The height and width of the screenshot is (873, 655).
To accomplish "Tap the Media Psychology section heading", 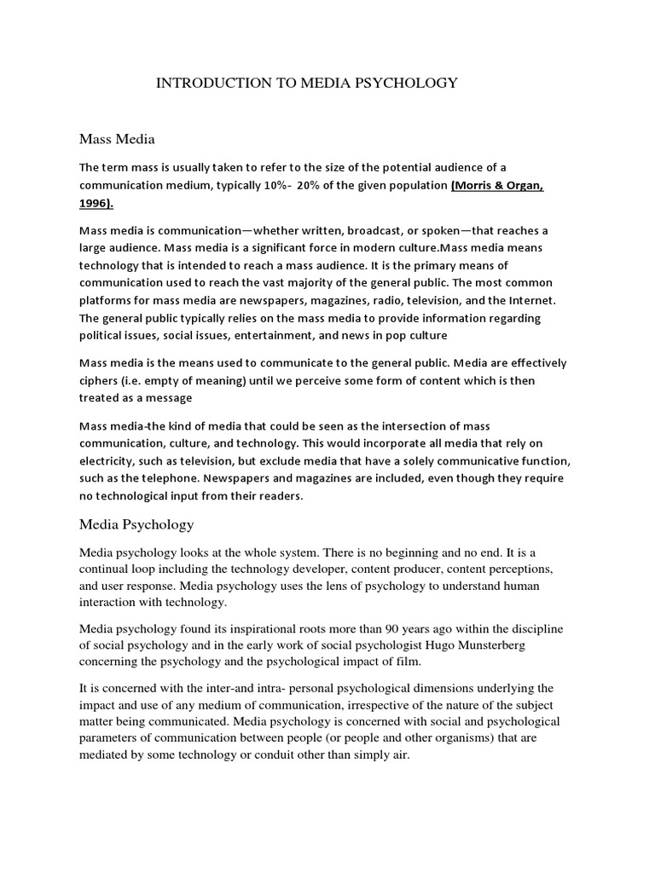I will (136, 524).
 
